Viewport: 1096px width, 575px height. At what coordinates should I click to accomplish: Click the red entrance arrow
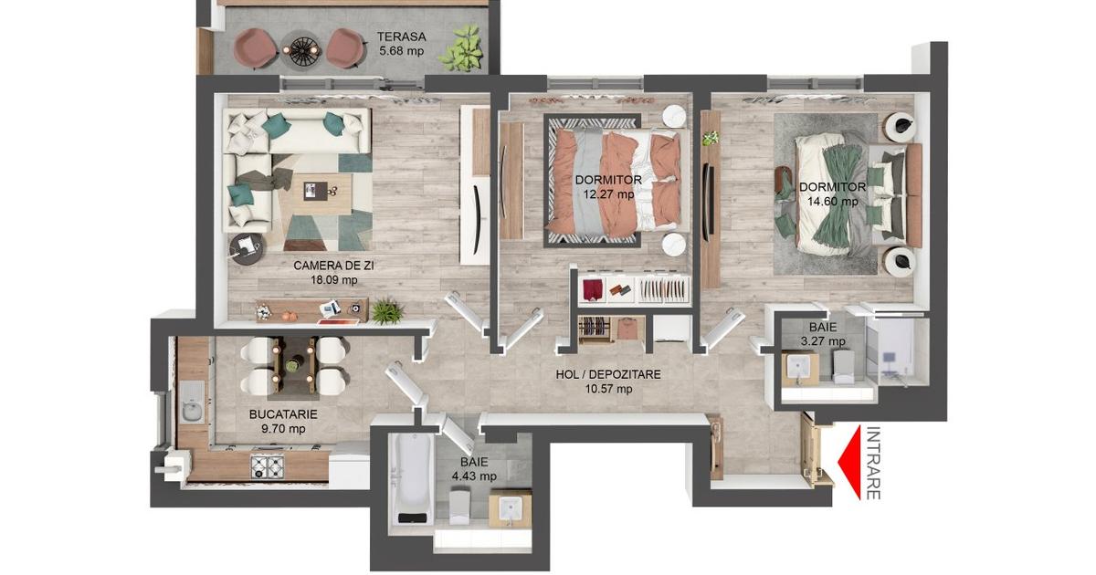tap(849, 462)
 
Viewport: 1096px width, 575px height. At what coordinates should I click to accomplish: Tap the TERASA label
tap(401, 37)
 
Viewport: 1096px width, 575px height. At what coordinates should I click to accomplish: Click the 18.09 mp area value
tap(333, 280)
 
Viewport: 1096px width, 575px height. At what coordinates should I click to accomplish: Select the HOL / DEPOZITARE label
tap(608, 374)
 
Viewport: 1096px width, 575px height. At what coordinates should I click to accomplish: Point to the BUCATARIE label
tap(283, 414)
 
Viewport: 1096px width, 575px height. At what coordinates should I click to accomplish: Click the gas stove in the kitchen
tap(267, 467)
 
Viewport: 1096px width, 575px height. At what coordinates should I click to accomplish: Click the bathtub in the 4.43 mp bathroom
tap(413, 479)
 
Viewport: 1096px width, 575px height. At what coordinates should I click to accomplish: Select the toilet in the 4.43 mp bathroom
tap(459, 507)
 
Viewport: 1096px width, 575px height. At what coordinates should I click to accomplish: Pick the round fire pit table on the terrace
tap(300, 49)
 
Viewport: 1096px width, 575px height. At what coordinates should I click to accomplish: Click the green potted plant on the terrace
tap(460, 47)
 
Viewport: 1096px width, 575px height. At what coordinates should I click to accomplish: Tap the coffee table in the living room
tap(321, 194)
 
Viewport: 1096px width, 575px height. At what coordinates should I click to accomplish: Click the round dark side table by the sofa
tap(248, 249)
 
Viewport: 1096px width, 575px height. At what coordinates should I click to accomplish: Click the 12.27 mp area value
tap(608, 194)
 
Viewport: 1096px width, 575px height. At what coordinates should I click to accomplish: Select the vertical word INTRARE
tap(873, 463)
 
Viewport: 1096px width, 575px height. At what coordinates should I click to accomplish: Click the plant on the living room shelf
tap(387, 310)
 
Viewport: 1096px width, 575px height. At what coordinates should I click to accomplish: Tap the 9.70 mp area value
tap(283, 429)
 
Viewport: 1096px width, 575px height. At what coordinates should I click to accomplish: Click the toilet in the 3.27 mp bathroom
tap(843, 366)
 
